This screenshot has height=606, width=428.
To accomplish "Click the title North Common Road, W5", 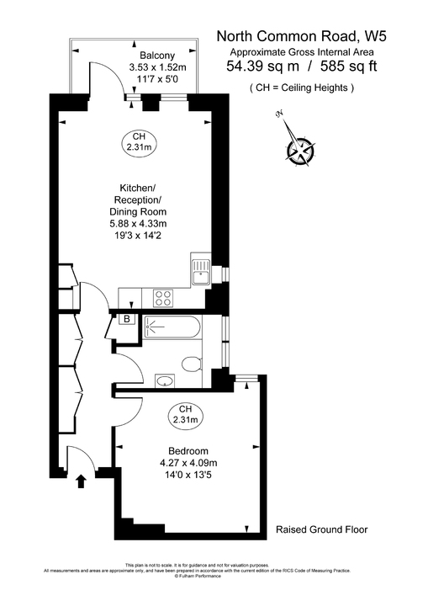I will [301, 35].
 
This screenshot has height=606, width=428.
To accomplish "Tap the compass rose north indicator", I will [300, 150].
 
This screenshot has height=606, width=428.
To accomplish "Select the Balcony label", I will [157, 56].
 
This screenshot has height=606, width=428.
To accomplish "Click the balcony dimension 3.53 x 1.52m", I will [157, 67].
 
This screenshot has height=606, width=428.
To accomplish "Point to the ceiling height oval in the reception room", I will [140, 142].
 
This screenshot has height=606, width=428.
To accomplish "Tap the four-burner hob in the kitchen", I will [163, 297].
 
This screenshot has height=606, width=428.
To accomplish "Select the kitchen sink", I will [200, 272].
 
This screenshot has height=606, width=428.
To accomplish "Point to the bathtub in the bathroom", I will [172, 329].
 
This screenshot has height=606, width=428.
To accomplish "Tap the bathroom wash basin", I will [164, 380].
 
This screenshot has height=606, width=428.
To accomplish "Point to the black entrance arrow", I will [82, 481].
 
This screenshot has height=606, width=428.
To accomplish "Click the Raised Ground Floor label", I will [321, 530].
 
